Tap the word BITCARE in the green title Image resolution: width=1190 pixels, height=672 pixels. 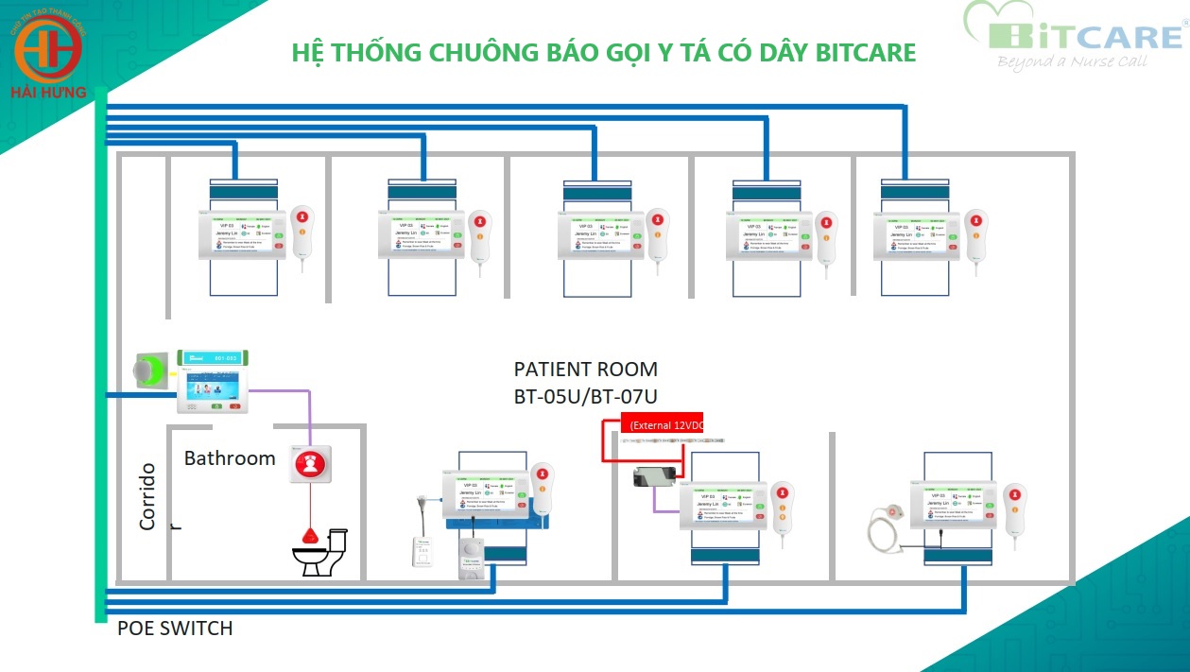coord(868,51)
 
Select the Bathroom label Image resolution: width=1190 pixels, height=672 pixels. coord(230,458)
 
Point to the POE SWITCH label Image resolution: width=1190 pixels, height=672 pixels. coord(175,629)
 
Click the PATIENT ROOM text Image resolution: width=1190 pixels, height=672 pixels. coord(585,369)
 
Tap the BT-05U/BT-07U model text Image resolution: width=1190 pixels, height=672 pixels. coord(585,397)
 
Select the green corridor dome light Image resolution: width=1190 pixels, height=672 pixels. coord(149,370)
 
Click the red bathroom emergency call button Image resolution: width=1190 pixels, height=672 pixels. coord(310,463)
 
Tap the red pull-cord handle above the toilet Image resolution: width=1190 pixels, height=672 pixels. coord(309,535)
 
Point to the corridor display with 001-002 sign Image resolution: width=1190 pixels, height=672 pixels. coord(214,381)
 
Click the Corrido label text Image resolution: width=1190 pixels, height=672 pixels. coord(147,496)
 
